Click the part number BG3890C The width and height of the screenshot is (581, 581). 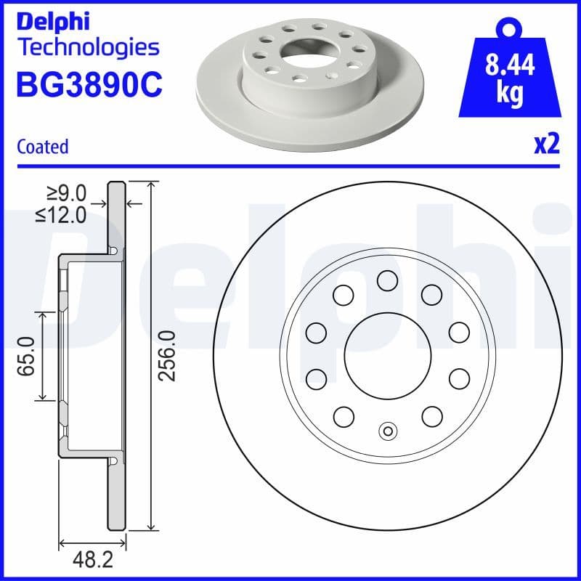click(88, 85)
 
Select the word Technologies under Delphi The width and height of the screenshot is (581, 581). click(87, 47)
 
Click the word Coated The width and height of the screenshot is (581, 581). click(42, 147)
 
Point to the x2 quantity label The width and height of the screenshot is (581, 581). click(547, 145)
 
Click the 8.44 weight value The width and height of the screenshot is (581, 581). click(508, 66)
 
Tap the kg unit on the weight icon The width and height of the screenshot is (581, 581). click(508, 94)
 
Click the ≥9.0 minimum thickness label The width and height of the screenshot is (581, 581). click(67, 193)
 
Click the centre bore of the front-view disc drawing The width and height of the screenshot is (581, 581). click(388, 356)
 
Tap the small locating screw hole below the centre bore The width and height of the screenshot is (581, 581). click(388, 431)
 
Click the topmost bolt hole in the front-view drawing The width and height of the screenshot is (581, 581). click(388, 280)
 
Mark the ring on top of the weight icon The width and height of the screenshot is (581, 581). click(508, 28)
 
